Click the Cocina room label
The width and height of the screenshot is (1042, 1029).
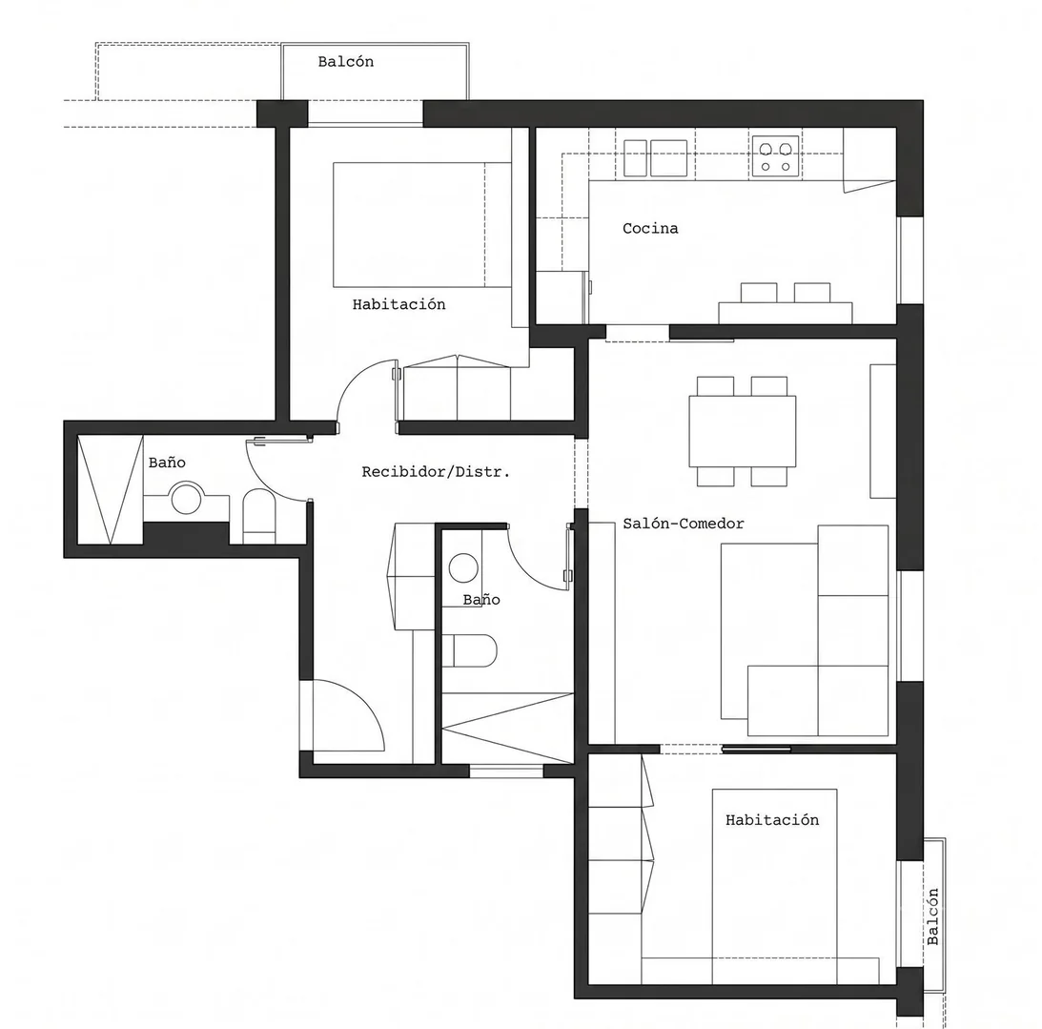click(x=650, y=229)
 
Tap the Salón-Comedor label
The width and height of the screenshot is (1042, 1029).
click(x=684, y=524)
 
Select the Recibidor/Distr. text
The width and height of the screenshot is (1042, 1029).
click(x=436, y=472)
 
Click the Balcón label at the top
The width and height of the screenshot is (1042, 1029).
click(x=345, y=62)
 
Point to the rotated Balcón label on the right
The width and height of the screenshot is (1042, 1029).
click(x=933, y=916)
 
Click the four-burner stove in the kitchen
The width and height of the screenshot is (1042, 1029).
click(x=775, y=156)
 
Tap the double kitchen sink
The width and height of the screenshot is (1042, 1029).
click(x=655, y=158)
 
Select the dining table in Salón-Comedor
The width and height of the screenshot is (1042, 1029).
click(x=743, y=431)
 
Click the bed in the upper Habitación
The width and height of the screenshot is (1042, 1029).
click(x=422, y=225)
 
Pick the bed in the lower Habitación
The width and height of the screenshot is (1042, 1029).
click(x=774, y=887)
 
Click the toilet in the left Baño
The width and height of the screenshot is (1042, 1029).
click(x=258, y=517)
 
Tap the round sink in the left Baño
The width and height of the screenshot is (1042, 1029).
click(x=186, y=499)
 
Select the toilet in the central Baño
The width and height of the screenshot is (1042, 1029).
click(x=469, y=650)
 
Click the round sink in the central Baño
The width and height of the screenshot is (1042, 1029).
click(x=463, y=568)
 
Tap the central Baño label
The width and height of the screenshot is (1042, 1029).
click(x=481, y=600)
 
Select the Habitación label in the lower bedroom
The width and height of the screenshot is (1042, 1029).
click(x=772, y=820)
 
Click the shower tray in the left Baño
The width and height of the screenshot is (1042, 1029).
click(x=111, y=490)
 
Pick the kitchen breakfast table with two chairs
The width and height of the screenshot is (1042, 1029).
click(x=785, y=304)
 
